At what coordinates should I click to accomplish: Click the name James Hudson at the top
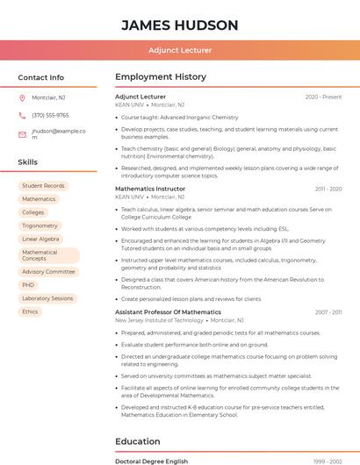(179, 25)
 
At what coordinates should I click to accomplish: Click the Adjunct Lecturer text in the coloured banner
(179, 50)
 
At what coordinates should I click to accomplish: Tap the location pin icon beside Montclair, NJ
(22, 97)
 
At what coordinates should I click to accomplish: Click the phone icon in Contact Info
(22, 115)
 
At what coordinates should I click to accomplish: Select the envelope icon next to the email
(22, 134)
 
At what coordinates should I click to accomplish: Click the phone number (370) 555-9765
(50, 115)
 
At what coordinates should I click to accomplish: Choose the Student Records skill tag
(43, 186)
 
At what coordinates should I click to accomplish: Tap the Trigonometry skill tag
(40, 225)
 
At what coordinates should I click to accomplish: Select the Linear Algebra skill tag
(40, 239)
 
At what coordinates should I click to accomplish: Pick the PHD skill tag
(29, 285)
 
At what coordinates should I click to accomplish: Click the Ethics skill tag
(30, 311)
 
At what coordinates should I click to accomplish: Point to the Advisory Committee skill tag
(48, 272)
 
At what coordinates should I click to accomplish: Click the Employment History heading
(161, 77)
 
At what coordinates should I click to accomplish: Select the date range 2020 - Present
(323, 97)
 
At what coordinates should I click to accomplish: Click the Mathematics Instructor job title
(150, 189)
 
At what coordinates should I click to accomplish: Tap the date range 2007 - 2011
(328, 312)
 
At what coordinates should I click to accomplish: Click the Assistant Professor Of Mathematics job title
(168, 312)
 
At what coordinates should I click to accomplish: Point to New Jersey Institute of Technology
(159, 320)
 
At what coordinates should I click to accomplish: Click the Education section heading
(138, 441)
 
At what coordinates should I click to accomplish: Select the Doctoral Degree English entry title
(151, 461)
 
